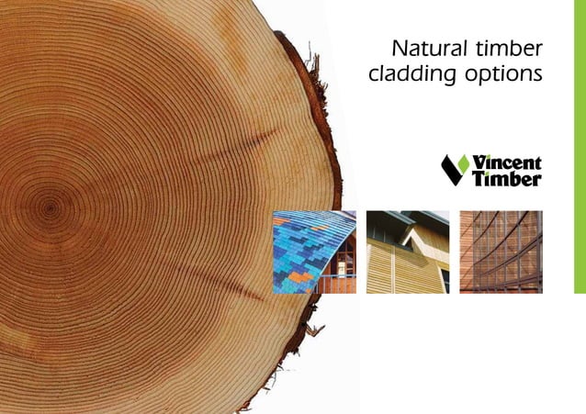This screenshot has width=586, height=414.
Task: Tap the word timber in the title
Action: [x=508, y=48]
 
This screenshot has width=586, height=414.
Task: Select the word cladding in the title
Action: [x=409, y=74]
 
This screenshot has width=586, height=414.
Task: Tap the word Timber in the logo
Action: [x=506, y=179]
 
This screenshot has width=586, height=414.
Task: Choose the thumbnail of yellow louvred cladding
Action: [x=408, y=252]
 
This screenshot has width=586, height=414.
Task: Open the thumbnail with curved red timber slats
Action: [x=501, y=252]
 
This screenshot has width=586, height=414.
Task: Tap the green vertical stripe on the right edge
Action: [x=579, y=147]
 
